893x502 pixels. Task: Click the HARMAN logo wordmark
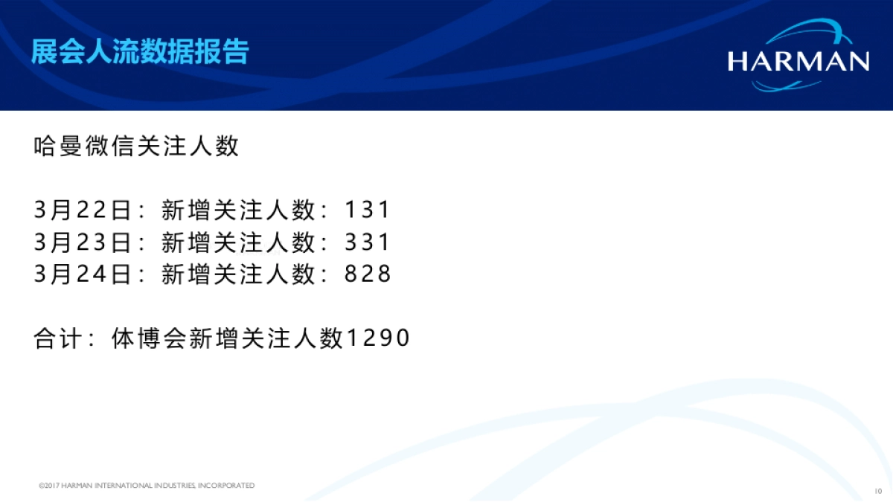(x=798, y=61)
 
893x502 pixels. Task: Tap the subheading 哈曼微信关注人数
(x=137, y=146)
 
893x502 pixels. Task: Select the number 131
(x=368, y=210)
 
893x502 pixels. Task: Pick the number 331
(x=368, y=242)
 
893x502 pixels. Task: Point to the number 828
(x=368, y=274)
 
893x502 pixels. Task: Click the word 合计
(x=60, y=338)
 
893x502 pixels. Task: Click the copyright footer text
(x=147, y=486)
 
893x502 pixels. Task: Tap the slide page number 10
(x=878, y=491)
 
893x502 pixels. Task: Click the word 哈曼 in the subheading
(x=60, y=146)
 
